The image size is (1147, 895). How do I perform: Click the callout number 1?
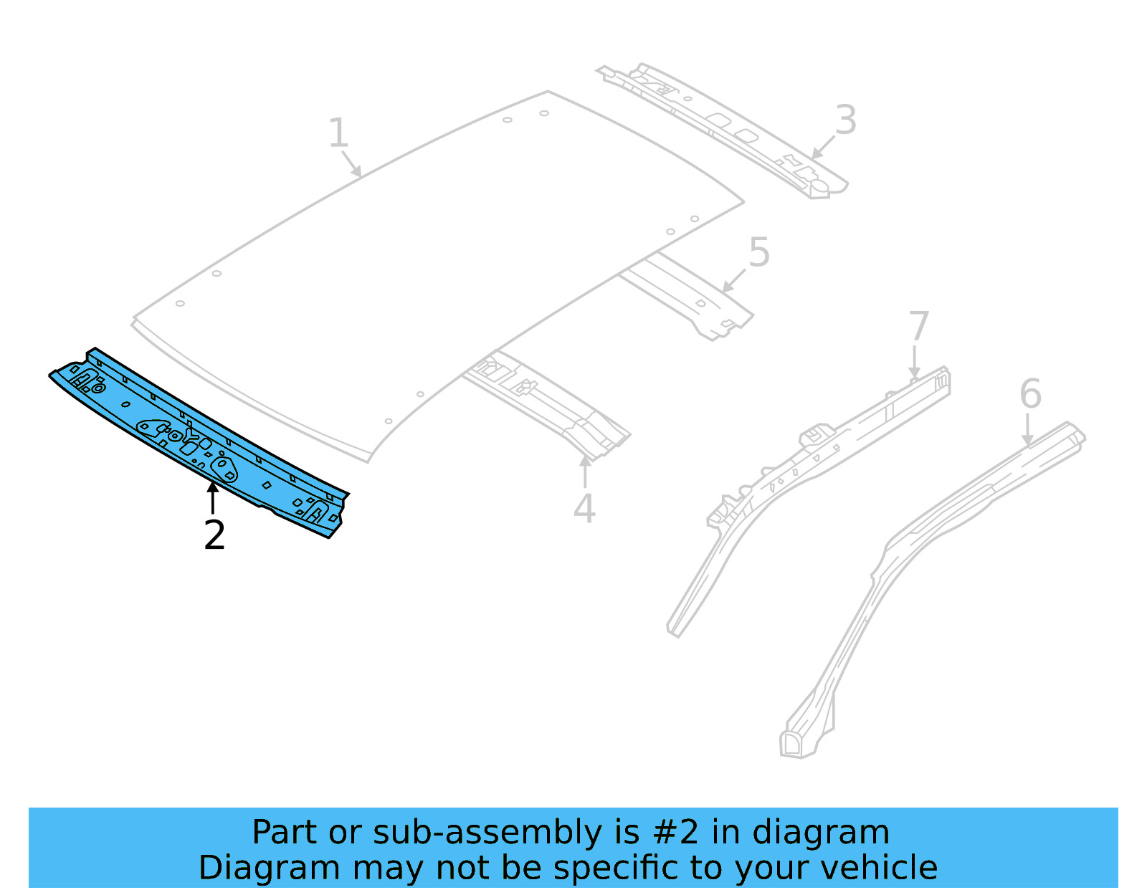point(338,133)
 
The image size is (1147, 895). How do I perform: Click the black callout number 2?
point(214,535)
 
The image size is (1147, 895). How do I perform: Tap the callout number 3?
point(846,120)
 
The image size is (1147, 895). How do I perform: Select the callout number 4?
point(584,509)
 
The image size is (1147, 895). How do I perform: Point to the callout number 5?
point(759,253)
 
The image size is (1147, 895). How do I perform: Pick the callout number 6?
point(1030,394)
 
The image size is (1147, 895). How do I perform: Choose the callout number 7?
point(918,326)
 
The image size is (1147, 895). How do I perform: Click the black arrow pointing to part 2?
point(212,497)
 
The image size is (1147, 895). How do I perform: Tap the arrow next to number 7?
point(915,363)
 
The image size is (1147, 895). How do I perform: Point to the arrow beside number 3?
point(822,147)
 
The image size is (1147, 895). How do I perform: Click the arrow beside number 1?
point(352,165)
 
